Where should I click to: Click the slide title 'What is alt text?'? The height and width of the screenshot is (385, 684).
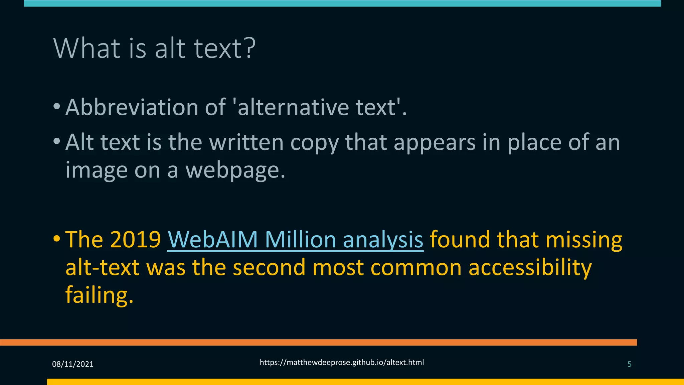coord(154,49)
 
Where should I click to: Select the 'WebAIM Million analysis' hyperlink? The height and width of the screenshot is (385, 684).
coord(295,240)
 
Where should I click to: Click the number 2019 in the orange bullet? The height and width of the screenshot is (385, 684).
coord(135,240)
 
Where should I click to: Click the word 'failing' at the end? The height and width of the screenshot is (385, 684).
coord(97,295)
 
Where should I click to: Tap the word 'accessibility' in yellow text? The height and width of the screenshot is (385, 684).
coord(530,268)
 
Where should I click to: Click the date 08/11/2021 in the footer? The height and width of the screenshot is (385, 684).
coord(73,364)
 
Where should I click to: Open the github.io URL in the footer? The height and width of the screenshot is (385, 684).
coord(342,363)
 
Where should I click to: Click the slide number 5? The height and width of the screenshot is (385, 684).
coord(629,364)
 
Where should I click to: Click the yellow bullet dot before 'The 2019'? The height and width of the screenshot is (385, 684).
coord(57,239)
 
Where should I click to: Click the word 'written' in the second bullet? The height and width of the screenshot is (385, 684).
coord(246,142)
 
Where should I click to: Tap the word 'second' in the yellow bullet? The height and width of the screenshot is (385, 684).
coord(269,268)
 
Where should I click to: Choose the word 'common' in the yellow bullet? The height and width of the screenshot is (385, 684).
coord(416,268)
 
